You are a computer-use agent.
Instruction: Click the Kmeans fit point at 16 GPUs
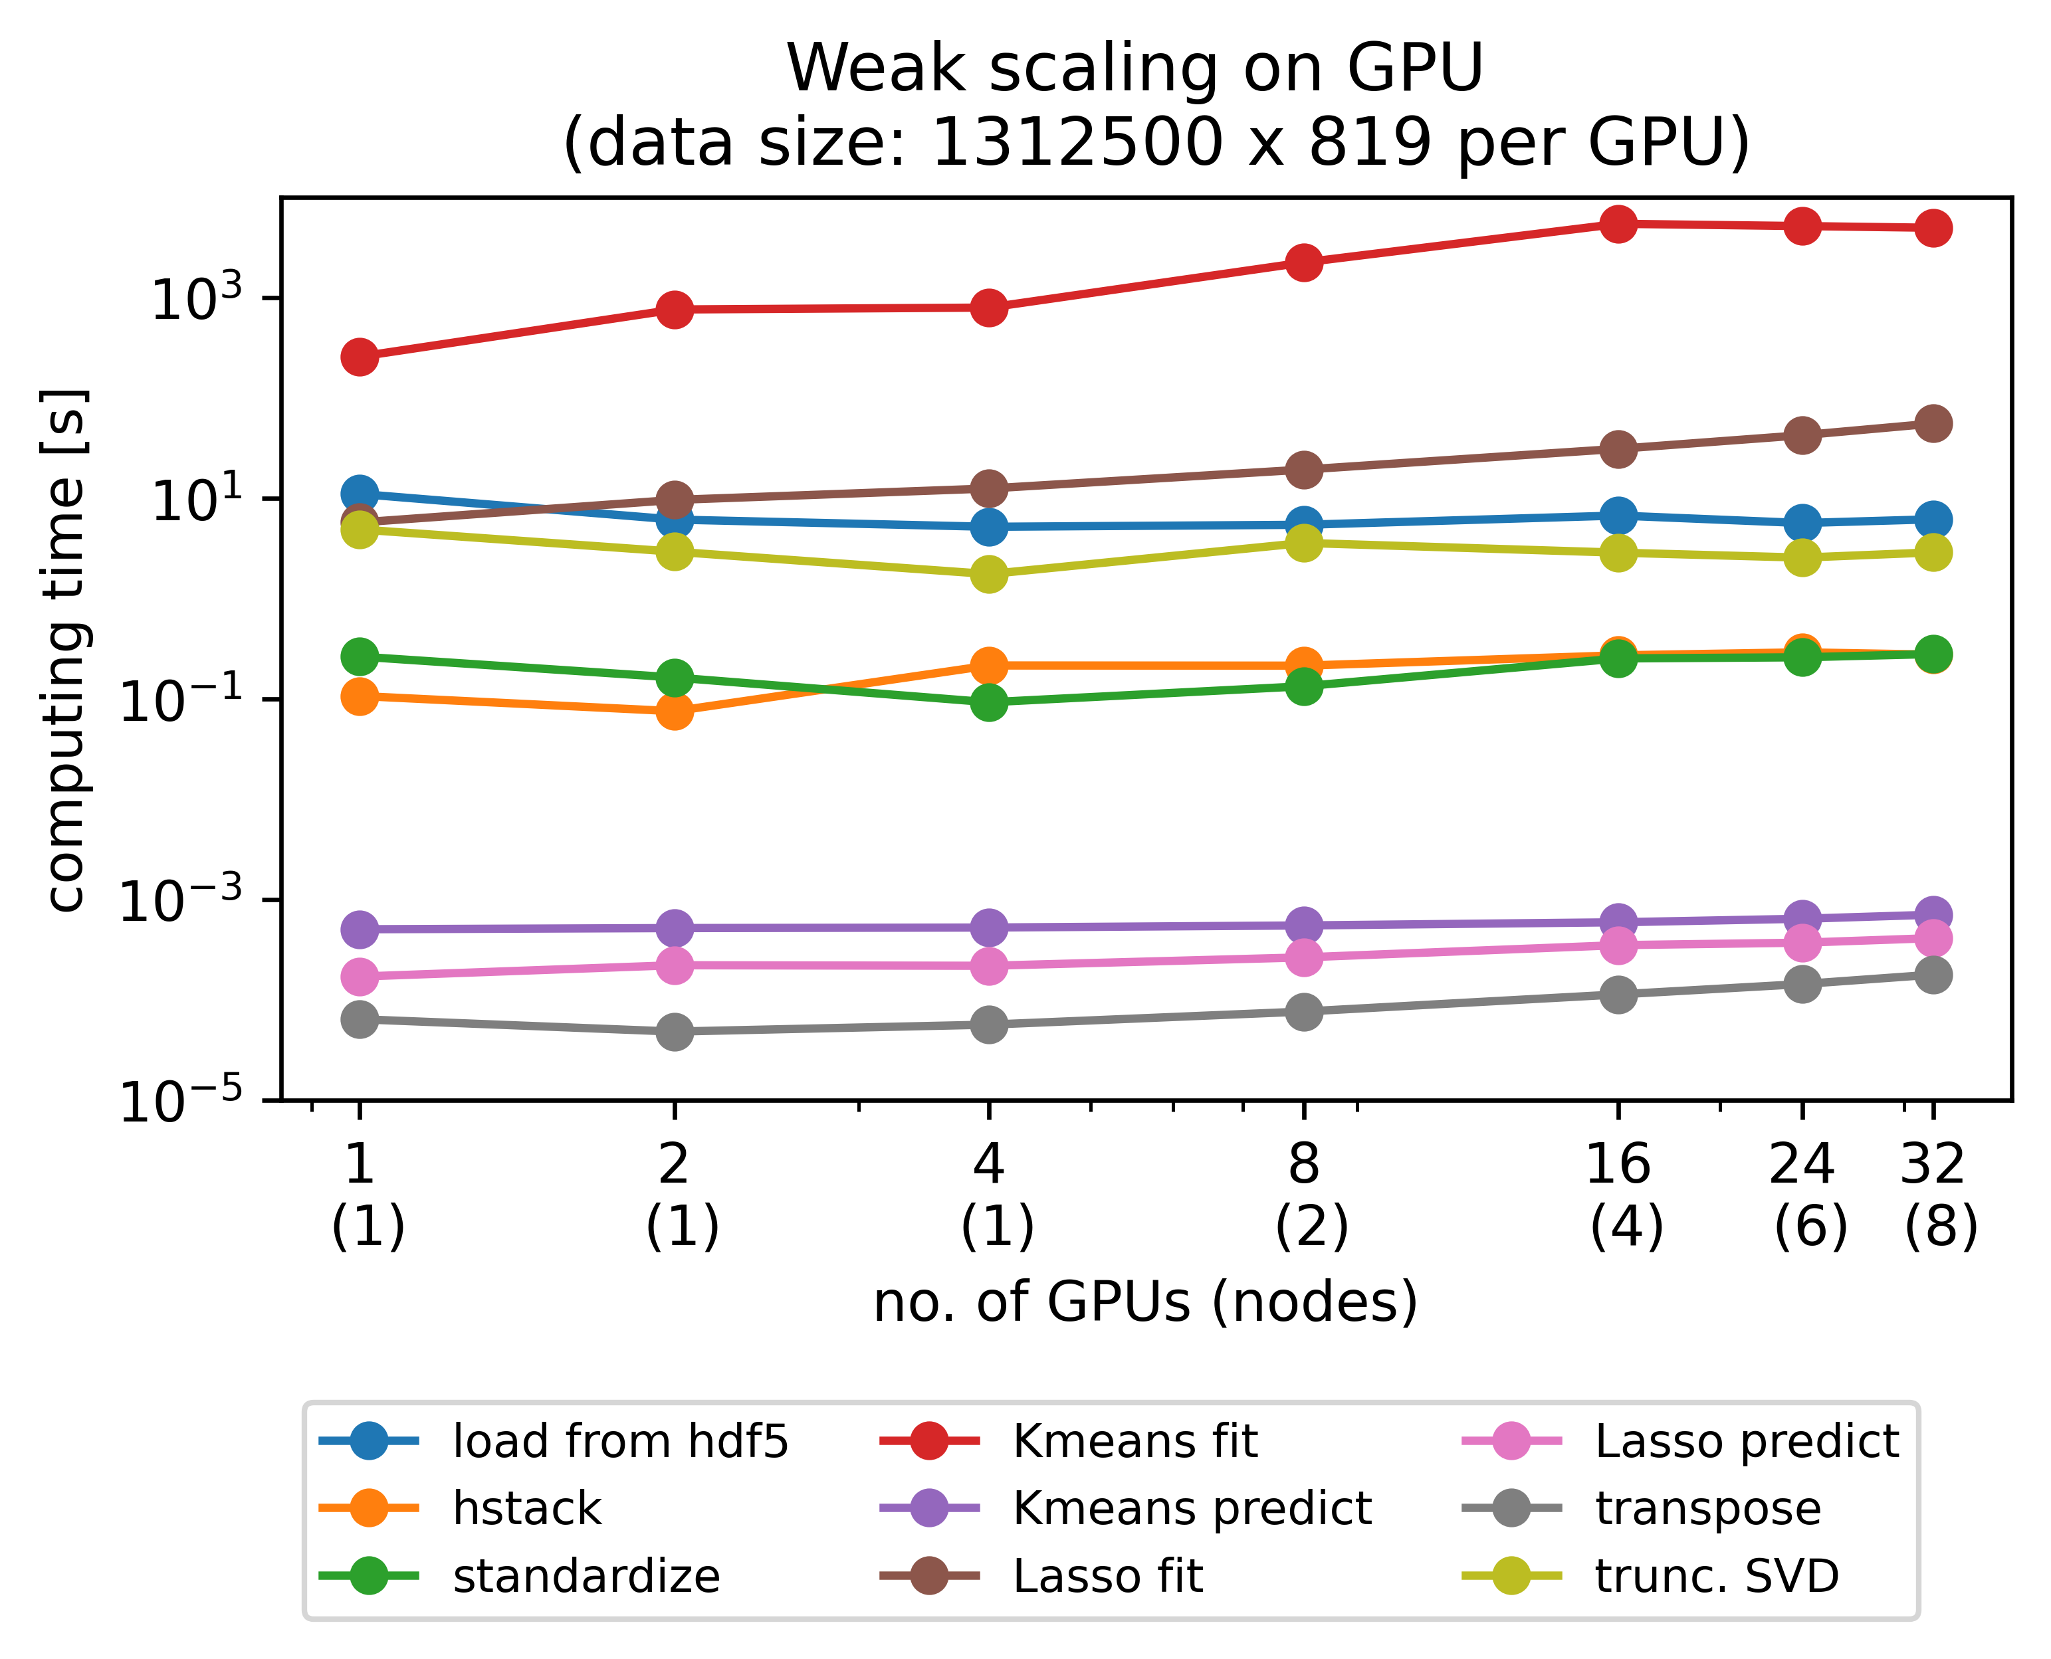1617,224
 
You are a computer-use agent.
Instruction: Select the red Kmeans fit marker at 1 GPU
360,357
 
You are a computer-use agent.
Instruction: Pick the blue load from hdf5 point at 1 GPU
360,494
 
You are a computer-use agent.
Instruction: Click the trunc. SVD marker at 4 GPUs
988,574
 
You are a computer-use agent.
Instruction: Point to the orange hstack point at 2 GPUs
675,711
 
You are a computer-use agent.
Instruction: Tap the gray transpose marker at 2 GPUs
675,1031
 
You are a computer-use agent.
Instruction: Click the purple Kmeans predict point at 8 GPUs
1303,925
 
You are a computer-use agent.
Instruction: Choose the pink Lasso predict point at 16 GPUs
1617,945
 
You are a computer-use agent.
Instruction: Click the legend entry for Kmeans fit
1134,1441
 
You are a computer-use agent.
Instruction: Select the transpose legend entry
1707,1509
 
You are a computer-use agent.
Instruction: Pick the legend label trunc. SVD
1717,1576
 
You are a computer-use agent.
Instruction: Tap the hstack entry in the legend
526,1509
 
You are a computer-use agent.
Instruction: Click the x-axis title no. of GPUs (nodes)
1145,1302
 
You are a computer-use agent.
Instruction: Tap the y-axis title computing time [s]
67,650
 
